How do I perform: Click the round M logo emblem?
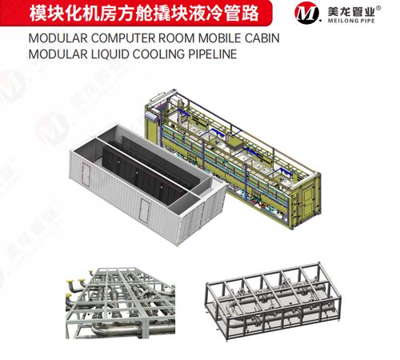tap(306, 13)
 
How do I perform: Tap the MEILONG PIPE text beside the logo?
tap(351, 21)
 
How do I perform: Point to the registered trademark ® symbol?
tap(378, 8)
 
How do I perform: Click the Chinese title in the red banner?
tap(144, 14)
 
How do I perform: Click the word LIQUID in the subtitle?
tap(110, 54)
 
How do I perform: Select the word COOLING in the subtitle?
tap(158, 54)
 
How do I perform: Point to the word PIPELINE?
tap(213, 54)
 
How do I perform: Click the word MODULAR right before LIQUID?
tap(58, 54)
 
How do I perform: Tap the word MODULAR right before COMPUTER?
tap(58, 38)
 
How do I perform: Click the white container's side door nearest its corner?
tap(145, 210)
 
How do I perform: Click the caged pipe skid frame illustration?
tap(274, 301)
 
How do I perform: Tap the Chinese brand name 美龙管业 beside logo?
tap(351, 11)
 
